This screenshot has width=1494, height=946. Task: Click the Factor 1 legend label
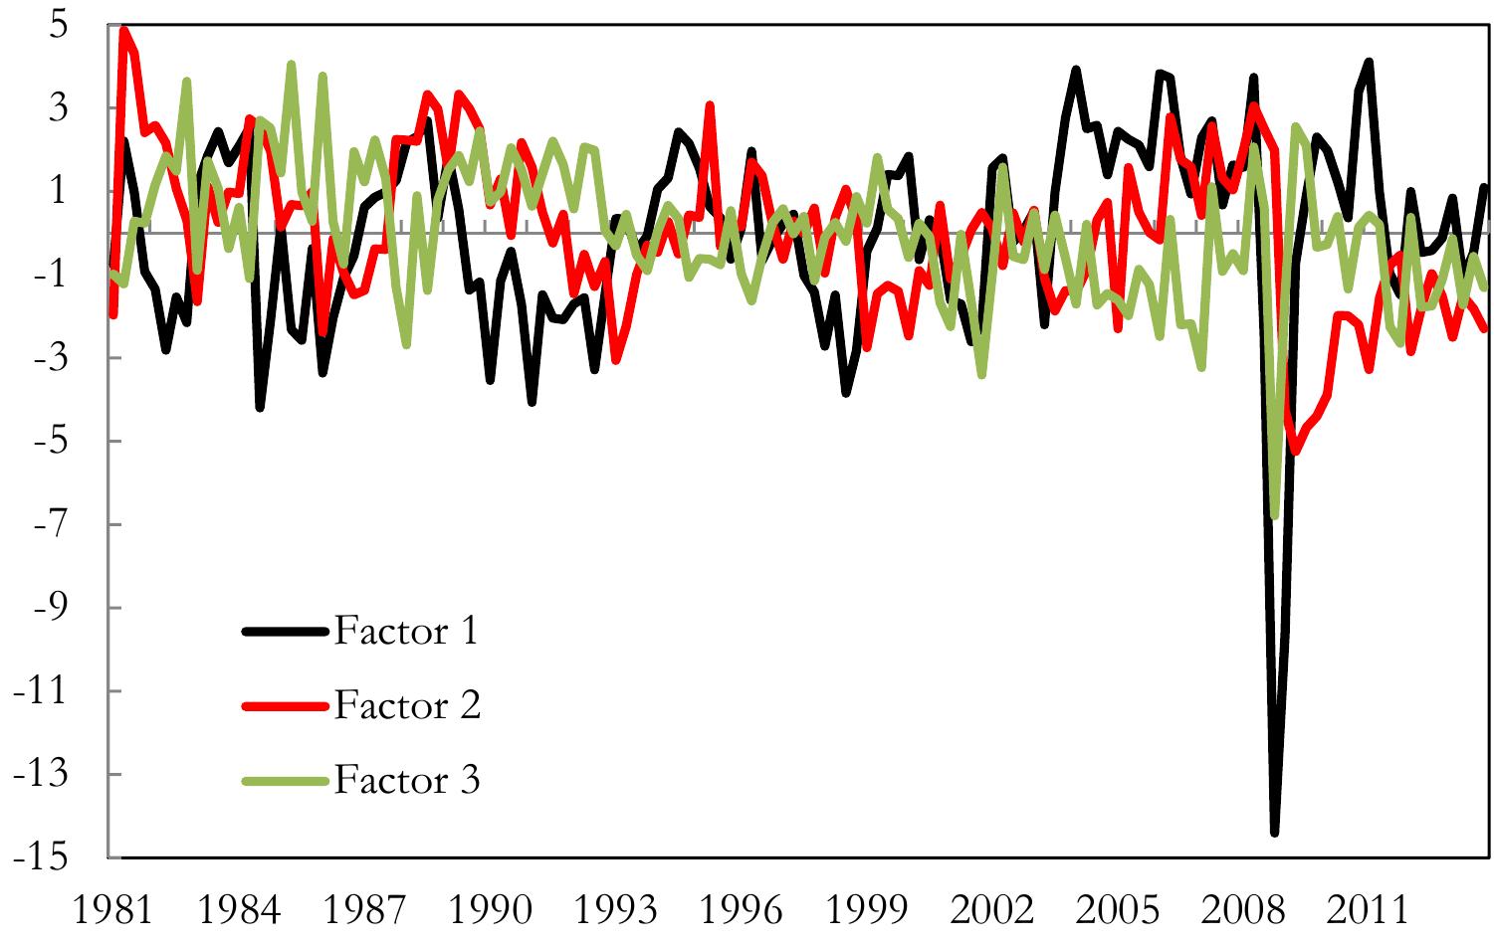point(406,631)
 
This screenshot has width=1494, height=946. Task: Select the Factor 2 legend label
point(406,705)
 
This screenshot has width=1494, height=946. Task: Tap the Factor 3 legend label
point(406,780)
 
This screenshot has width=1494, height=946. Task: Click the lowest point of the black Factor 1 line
point(1274,833)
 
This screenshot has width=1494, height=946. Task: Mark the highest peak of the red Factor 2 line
point(123,29)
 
